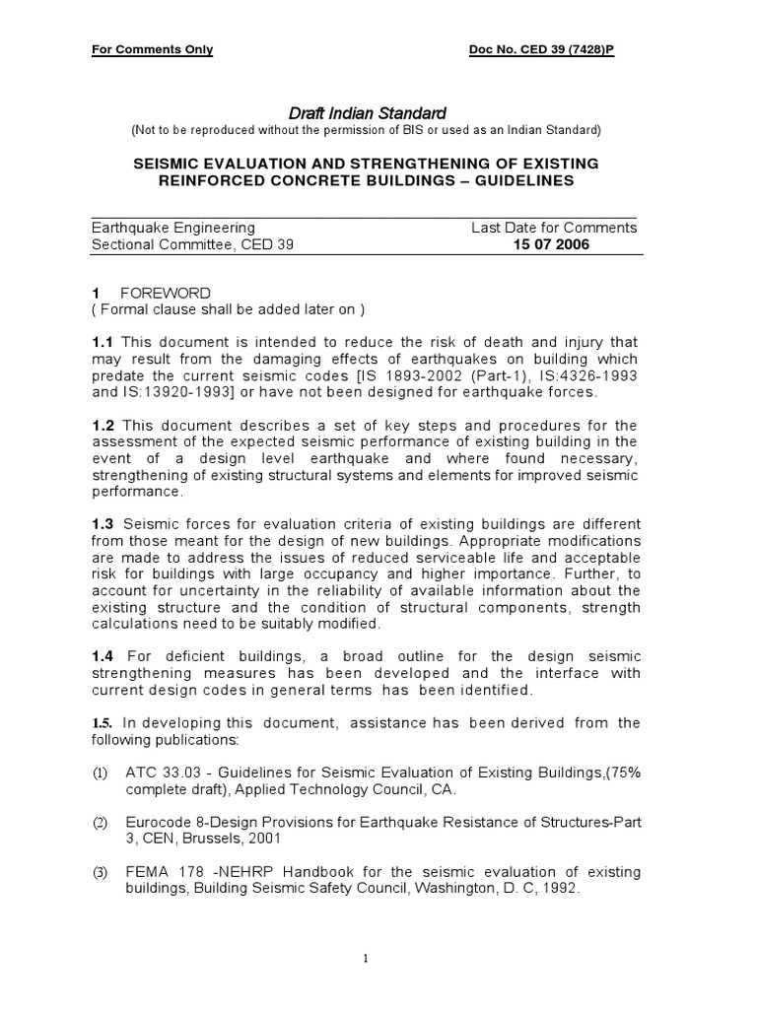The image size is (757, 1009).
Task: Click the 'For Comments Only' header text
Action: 152,50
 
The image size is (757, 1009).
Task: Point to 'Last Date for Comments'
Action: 554,228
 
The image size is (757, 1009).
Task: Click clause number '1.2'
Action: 103,424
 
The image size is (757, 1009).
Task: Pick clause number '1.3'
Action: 103,522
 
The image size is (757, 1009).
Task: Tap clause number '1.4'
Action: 103,655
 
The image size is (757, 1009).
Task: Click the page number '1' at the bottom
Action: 364,957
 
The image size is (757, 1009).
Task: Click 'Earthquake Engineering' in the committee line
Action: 172,228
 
